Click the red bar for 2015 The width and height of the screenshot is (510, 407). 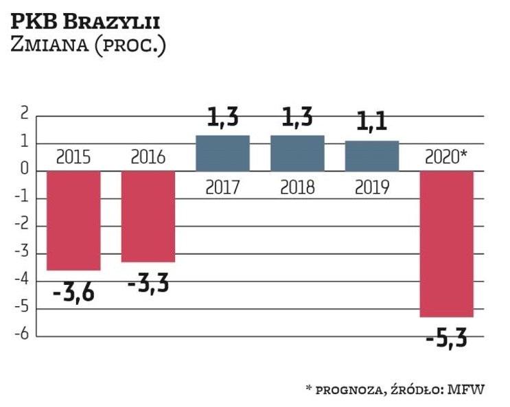tap(73, 220)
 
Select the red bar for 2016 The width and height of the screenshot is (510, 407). tap(148, 216)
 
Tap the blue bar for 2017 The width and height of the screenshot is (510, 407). tap(223, 153)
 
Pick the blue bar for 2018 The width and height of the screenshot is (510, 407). tap(297, 153)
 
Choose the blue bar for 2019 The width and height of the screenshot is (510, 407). tap(372, 156)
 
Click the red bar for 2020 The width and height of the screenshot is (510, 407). tap(447, 244)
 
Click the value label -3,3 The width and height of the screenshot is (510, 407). tap(148, 283)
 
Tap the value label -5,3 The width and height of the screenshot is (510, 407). tap(447, 338)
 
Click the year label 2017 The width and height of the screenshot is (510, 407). tap(223, 187)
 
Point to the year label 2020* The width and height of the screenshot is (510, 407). tap(447, 157)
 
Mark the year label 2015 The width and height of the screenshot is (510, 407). tap(73, 157)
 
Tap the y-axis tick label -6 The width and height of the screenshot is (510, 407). tap(22, 336)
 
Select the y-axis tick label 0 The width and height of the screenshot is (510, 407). tap(24, 171)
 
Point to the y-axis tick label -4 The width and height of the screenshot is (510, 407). tap(22, 281)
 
